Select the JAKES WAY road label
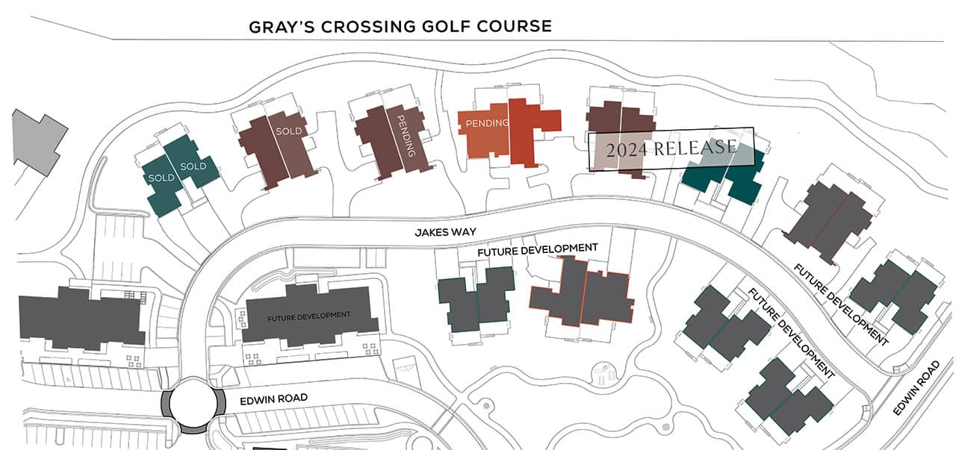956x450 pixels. (x=445, y=233)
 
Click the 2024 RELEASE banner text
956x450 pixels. (x=671, y=149)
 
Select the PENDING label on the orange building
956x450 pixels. (x=487, y=123)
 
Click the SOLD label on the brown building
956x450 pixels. (x=288, y=132)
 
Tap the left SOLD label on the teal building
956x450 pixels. (x=161, y=178)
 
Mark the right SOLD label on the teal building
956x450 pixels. (x=193, y=166)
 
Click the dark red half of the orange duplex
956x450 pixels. (x=532, y=131)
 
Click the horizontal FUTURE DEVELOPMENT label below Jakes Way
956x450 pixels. (x=538, y=249)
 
